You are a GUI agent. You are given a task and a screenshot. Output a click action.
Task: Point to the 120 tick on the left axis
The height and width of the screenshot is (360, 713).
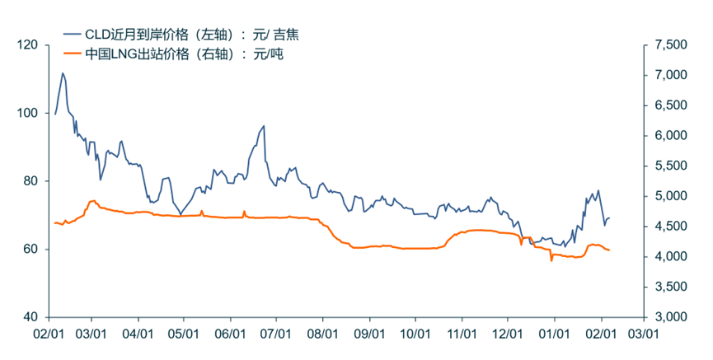pos(29,45)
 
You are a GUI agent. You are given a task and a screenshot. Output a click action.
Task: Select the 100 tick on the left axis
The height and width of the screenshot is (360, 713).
pos(29,113)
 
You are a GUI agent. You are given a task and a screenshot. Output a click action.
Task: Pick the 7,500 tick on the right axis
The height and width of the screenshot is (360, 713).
pos(667,45)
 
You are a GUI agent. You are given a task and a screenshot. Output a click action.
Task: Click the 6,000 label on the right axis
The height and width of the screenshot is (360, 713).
pos(667,136)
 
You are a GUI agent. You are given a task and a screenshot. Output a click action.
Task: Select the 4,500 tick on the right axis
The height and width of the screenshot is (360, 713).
pos(667,227)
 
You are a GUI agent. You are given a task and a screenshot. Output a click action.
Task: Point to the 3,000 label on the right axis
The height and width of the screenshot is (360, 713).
pos(667,317)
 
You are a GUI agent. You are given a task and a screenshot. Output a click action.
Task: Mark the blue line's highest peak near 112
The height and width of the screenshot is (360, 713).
pos(63,73)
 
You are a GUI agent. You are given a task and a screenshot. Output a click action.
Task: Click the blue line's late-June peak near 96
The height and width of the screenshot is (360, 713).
pos(263,126)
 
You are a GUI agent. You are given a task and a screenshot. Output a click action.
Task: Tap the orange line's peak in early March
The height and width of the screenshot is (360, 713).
pos(92,200)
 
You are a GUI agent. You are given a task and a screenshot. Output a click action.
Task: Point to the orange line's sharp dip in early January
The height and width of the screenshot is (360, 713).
pos(551,260)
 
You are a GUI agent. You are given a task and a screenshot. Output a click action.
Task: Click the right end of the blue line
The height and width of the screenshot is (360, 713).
pos(609,217)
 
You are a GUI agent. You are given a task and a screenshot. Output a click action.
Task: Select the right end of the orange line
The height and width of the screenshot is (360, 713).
pos(609,250)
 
